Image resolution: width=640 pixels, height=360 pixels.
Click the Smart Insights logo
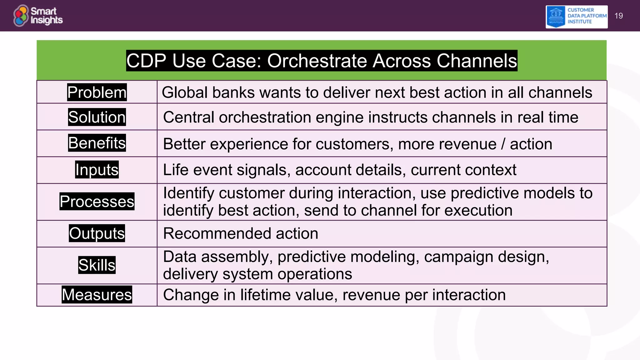tap(38, 16)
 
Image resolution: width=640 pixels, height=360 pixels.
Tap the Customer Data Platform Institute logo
tap(576, 17)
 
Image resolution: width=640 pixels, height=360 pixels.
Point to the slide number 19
tap(618, 16)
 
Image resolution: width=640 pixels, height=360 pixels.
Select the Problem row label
tap(97, 92)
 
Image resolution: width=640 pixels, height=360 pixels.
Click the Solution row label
tap(97, 117)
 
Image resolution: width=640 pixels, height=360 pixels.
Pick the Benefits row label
tap(97, 143)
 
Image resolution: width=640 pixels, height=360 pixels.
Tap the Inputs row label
tap(97, 170)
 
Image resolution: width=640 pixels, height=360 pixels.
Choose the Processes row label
tap(97, 202)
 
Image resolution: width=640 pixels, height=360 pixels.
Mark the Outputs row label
tap(97, 233)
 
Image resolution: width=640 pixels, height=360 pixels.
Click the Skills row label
tap(97, 265)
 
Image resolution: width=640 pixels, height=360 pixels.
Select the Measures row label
tap(97, 295)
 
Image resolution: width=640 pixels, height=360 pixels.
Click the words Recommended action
tap(240, 233)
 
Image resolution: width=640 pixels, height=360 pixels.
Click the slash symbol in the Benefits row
tap(503, 144)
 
